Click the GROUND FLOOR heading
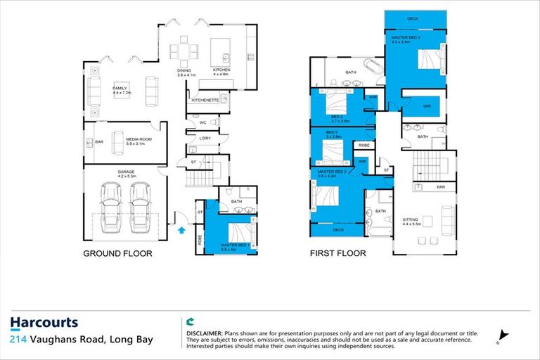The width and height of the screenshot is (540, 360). click(x=117, y=254)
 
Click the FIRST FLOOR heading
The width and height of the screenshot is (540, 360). click(x=339, y=254)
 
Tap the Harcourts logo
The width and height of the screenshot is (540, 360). click(x=44, y=323)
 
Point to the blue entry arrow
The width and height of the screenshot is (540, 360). click(x=181, y=229)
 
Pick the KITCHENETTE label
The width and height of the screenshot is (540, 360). click(x=206, y=101)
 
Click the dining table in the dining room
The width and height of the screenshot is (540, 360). click(x=184, y=51)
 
